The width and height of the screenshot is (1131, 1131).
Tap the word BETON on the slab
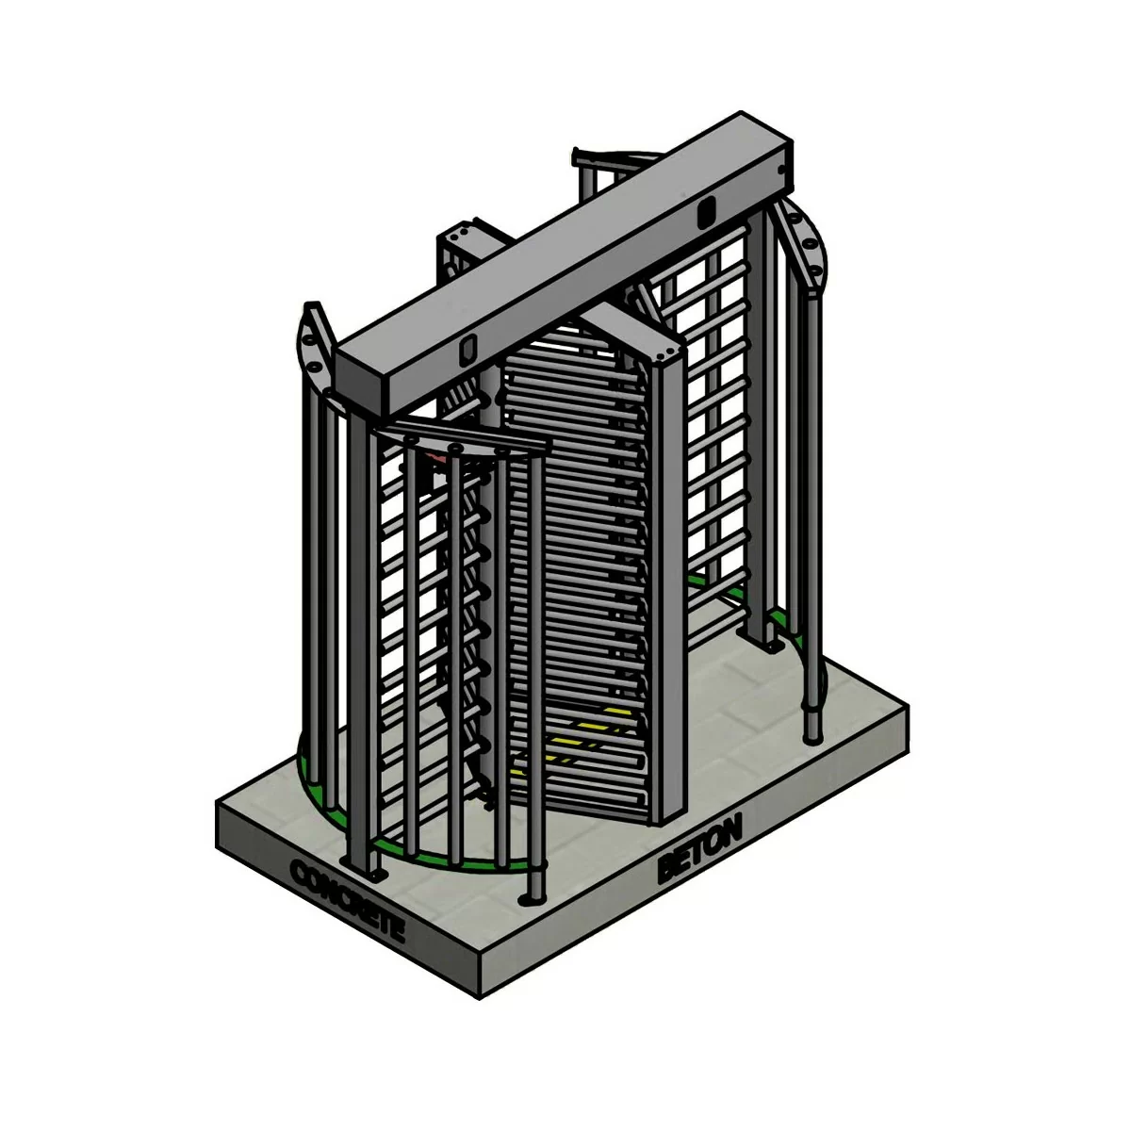(699, 848)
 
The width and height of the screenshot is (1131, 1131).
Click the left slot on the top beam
(466, 350)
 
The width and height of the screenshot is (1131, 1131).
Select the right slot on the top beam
(702, 214)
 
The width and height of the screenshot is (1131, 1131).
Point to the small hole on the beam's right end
(780, 170)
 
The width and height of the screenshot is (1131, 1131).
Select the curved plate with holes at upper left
(313, 345)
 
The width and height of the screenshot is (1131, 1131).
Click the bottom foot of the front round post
(533, 891)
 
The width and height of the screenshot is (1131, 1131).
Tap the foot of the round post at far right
(811, 731)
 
